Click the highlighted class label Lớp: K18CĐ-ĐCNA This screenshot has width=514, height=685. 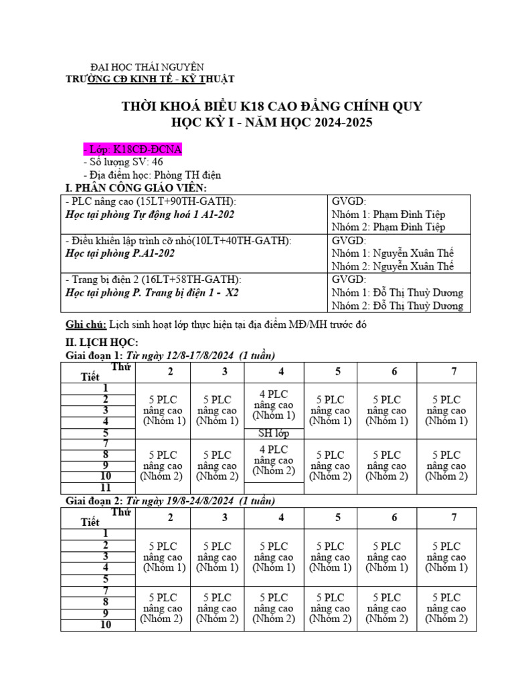(x=131, y=149)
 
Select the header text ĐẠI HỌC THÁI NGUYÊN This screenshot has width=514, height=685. (x=147, y=67)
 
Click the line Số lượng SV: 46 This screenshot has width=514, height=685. (x=123, y=162)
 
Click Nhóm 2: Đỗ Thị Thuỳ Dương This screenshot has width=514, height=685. (x=397, y=306)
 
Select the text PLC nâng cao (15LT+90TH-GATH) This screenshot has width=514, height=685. (x=151, y=201)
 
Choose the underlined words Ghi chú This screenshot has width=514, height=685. (x=86, y=324)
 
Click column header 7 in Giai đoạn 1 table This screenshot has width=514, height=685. (x=454, y=372)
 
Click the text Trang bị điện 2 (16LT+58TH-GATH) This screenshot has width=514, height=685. (x=153, y=280)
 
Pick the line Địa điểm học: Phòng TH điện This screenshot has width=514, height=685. (x=152, y=175)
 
